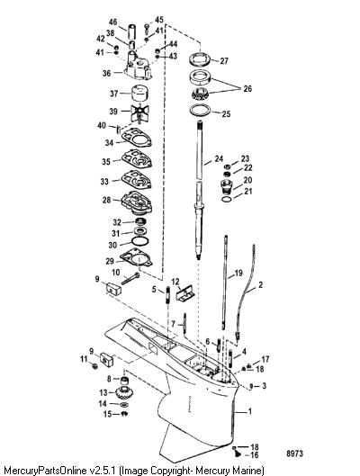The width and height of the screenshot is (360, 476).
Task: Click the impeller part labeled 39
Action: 139,113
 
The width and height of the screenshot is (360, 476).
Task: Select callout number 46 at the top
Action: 112,22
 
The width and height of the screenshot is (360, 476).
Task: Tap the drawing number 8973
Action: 294,454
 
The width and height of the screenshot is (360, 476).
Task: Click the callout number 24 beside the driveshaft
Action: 219,158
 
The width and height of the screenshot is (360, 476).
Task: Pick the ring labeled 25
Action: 200,109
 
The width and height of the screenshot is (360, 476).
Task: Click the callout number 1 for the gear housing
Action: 250,411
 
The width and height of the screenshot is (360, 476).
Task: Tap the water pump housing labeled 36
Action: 138,67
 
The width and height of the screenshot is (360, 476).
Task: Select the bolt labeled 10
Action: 130,278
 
